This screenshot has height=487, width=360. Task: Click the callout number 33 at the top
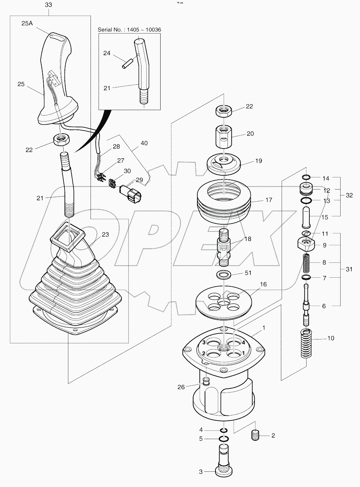(49, 5)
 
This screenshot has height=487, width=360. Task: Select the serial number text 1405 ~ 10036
(129, 30)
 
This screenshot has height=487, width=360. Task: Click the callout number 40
(144, 143)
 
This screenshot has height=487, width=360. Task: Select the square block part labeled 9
(306, 245)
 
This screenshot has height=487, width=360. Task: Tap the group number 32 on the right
(349, 195)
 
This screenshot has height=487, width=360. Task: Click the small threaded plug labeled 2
(256, 435)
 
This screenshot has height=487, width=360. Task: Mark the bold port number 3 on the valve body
(204, 343)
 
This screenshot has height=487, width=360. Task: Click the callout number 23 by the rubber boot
(105, 235)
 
